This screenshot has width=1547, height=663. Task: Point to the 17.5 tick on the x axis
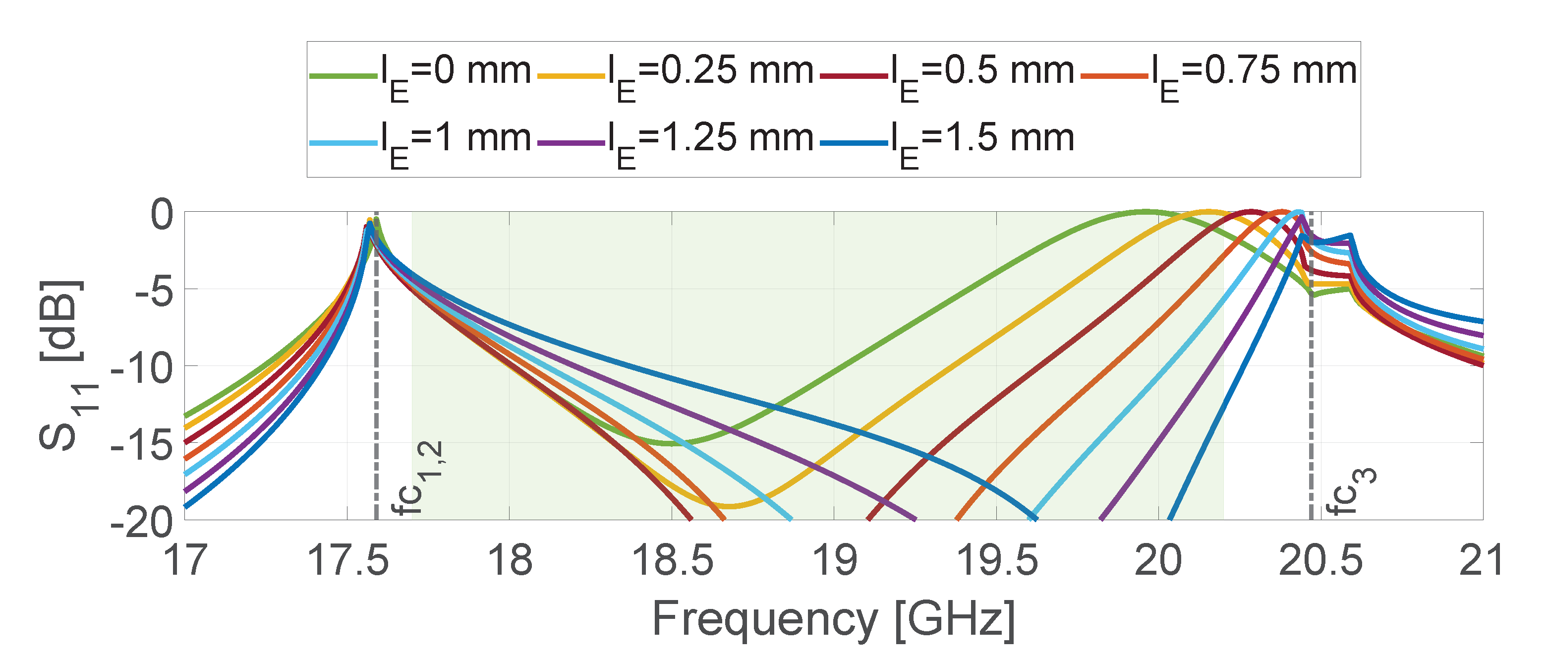[347, 560]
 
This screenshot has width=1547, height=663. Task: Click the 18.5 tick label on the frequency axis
[672, 560]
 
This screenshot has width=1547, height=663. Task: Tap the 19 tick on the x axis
[834, 560]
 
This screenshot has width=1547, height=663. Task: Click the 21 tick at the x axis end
[1481, 560]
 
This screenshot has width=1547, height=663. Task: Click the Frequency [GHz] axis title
[834, 620]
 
